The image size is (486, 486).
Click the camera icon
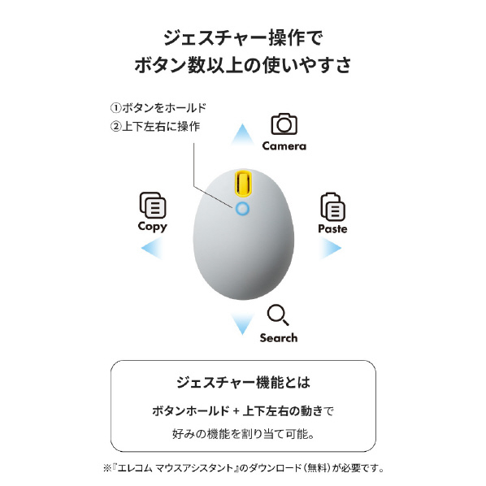[284, 124]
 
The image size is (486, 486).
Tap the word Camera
[284, 146]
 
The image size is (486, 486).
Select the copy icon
[153, 205]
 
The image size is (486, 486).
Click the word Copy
[153, 227]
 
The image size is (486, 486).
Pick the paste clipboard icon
[332, 206]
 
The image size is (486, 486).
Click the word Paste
[332, 228]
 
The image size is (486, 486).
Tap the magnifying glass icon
[278, 315]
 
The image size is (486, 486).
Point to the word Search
[279, 338]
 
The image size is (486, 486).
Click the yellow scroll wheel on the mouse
[243, 184]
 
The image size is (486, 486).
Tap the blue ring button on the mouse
[242, 209]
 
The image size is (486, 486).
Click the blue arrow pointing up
[243, 135]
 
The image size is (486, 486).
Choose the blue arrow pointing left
[152, 248]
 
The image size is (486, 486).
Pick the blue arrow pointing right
[331, 248]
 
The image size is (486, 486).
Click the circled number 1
[115, 108]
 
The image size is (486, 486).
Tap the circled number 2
[115, 126]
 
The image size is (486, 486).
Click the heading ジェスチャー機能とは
[243, 382]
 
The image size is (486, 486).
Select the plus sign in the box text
[236, 411]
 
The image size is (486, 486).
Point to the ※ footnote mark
[107, 467]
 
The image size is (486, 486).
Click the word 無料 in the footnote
[317, 467]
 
